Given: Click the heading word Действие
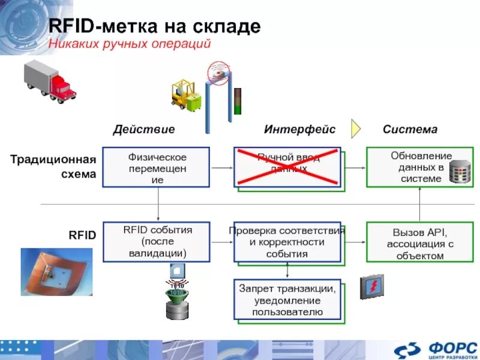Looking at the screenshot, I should (144, 130).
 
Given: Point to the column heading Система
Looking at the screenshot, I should (410, 130).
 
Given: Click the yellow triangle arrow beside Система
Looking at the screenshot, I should (356, 128).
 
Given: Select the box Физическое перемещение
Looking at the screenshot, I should (156, 167).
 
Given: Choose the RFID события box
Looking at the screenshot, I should (156, 242).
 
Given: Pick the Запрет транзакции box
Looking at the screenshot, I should (287, 299).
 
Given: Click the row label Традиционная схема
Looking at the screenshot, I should (53, 167).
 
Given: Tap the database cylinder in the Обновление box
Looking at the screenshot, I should (460, 172).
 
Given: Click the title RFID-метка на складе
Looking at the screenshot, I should (154, 27).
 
